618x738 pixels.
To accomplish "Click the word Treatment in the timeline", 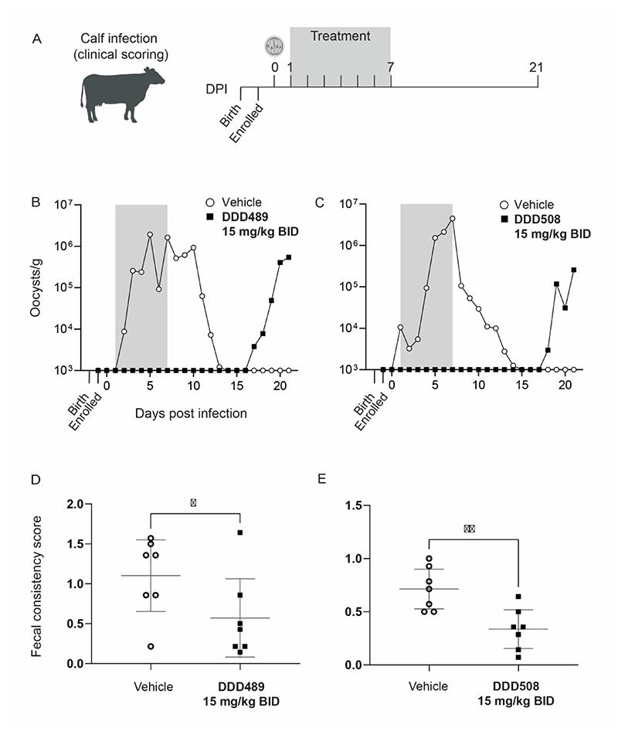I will click(340, 36).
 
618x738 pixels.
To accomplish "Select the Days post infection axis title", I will click(192, 413).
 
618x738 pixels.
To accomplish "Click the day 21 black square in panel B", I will click(288, 257).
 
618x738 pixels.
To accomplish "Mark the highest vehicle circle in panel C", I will click(452, 219).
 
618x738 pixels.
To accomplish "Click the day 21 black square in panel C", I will click(574, 270).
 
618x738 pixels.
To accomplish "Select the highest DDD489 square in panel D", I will click(240, 532).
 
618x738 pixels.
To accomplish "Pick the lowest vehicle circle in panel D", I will click(150, 645).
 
